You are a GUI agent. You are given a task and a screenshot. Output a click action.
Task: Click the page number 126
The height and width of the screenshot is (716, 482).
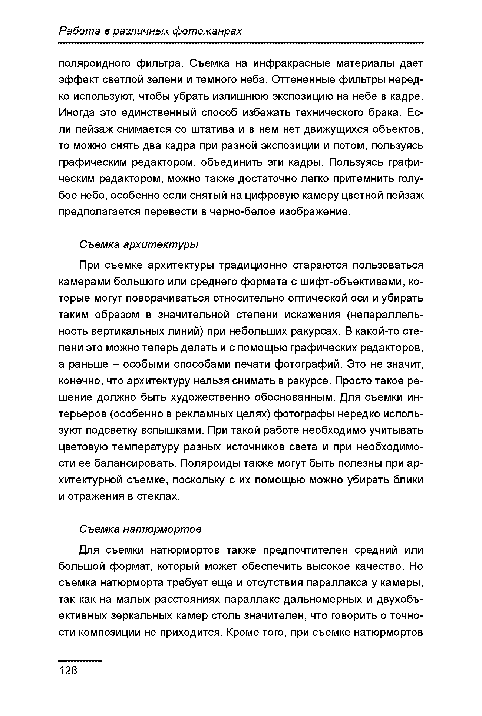pos(68,670)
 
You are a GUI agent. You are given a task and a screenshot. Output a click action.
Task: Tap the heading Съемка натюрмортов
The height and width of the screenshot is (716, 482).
pos(141,529)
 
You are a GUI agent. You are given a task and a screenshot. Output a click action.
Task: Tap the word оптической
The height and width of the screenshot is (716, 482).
pos(329,298)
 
